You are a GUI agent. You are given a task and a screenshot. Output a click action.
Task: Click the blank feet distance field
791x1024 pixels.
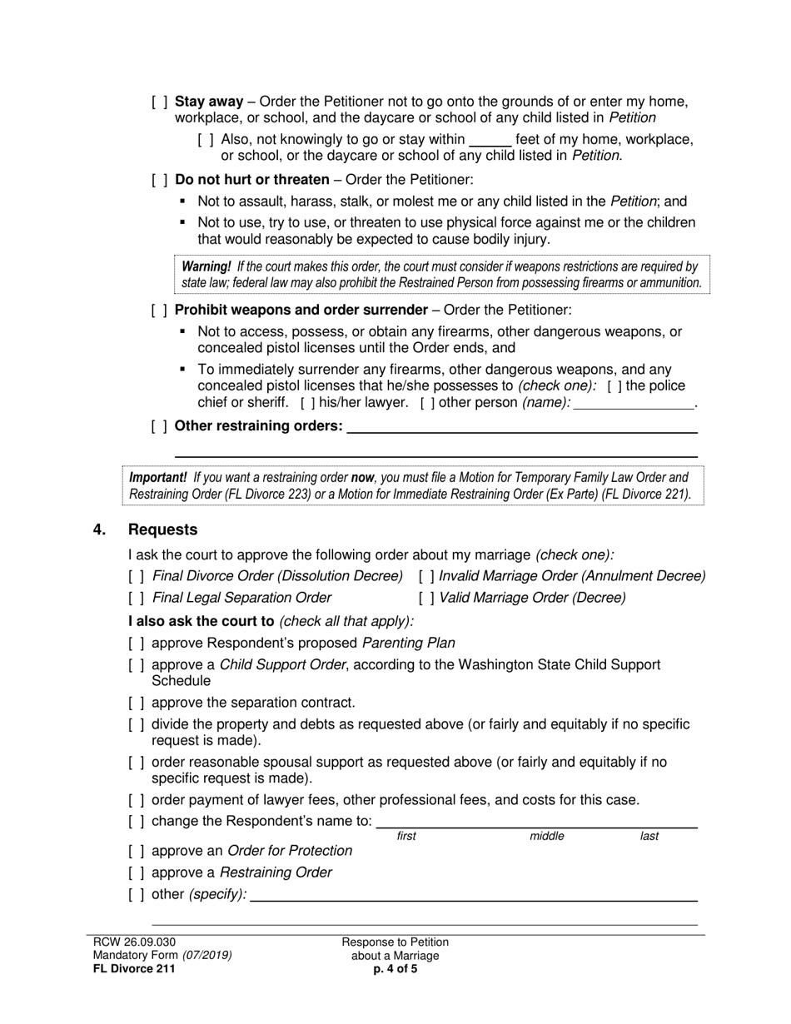click(x=490, y=140)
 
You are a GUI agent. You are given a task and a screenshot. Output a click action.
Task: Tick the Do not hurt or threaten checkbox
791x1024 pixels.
click(x=159, y=180)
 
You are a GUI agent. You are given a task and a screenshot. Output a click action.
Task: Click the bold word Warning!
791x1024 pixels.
click(x=206, y=266)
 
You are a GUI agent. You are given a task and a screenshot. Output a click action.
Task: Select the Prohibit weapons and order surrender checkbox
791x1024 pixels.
click(x=159, y=311)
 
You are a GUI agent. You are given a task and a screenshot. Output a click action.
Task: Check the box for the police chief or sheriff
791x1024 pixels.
click(x=613, y=386)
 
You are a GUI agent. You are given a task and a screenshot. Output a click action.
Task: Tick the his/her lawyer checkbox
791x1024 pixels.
click(x=307, y=403)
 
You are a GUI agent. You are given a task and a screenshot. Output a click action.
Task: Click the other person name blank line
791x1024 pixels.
click(x=634, y=403)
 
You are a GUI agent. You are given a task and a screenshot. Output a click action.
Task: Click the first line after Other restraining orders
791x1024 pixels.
click(x=521, y=428)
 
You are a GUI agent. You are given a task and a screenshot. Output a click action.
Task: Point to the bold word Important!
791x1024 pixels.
click(x=158, y=478)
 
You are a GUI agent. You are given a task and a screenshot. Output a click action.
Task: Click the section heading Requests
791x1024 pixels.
click(x=163, y=530)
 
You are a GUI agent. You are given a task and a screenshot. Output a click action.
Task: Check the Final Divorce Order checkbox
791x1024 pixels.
click(x=137, y=576)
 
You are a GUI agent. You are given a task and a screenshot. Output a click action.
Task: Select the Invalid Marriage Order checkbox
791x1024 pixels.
click(x=426, y=576)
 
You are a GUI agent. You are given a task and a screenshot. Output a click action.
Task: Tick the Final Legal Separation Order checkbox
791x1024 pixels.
click(x=137, y=598)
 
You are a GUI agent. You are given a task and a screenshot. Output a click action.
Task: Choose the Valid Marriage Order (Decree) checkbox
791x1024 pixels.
click(x=426, y=598)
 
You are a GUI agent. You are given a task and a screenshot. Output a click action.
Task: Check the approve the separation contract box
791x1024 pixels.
click(x=137, y=703)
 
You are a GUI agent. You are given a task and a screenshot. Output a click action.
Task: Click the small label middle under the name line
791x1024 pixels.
click(x=547, y=836)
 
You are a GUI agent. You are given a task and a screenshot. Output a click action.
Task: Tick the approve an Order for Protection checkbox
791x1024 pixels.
click(x=137, y=851)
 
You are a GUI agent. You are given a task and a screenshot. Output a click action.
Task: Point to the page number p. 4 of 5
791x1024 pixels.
click(x=395, y=968)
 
